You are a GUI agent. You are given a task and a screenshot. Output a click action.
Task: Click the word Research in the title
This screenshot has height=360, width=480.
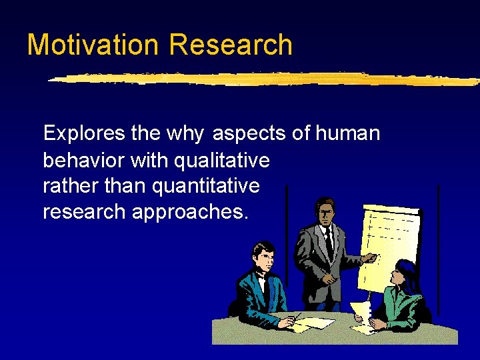231,45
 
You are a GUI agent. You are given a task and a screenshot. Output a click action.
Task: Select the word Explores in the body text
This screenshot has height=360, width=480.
84,133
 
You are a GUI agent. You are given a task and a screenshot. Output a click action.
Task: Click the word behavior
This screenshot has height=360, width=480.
83,160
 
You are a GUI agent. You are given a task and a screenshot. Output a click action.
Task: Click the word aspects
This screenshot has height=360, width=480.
249,134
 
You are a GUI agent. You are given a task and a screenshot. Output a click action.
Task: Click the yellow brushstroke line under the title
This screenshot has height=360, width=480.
260,79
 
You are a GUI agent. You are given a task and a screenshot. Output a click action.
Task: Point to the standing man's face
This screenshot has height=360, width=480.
325,213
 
